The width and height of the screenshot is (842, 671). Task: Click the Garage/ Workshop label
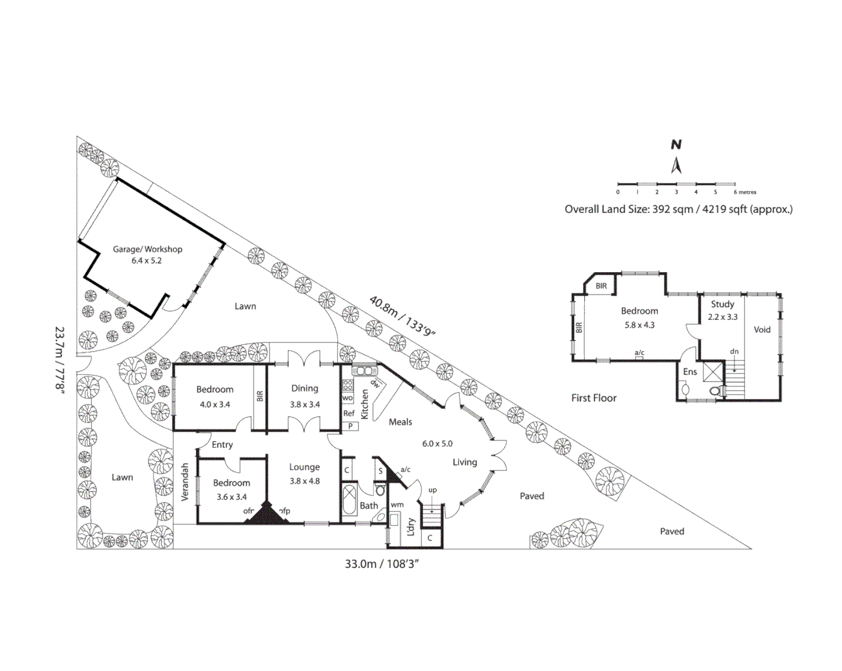147,249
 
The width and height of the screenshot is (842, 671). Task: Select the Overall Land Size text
678,209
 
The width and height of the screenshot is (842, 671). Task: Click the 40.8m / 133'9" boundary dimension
402,316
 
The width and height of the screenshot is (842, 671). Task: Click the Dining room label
304,388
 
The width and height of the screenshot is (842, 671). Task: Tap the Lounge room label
304,467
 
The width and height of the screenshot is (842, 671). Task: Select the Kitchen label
365,404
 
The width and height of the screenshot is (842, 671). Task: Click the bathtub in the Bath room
349,501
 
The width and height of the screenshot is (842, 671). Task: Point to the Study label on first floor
722,304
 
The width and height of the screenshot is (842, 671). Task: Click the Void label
762,330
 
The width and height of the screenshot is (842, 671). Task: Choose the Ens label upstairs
690,372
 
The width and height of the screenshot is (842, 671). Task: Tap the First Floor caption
593,398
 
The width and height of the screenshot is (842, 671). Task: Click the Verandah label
185,482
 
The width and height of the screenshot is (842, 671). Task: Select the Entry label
222,445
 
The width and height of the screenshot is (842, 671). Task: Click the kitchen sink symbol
364,371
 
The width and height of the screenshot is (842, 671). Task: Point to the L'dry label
411,527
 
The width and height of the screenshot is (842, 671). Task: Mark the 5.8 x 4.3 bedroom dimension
639,325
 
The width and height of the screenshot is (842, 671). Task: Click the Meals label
400,422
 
